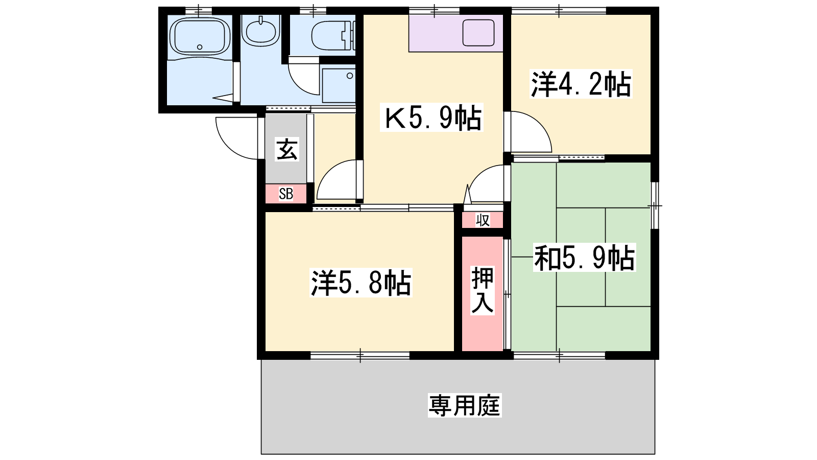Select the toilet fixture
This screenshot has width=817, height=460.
[332, 35]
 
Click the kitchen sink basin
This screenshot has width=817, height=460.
[478, 33]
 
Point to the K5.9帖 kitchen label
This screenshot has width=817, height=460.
[431, 117]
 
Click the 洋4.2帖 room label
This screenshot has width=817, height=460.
[581, 84]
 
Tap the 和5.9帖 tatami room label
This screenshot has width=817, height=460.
[584, 258]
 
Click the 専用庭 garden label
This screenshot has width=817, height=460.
[465, 405]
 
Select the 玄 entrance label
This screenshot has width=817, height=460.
[287, 149]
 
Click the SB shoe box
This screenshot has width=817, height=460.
[286, 194]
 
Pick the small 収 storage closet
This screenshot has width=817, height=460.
[483, 220]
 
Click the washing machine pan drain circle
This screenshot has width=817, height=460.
[350, 76]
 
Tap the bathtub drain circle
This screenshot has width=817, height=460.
[200, 47]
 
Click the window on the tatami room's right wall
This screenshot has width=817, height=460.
[655, 206]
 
